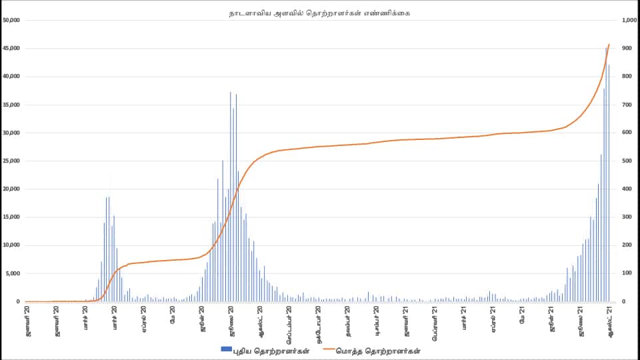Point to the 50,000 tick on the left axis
click(12, 20)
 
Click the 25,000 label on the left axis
click(12, 161)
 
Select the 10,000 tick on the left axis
click(12, 245)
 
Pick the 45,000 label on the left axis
click(12, 49)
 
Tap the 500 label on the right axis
click(626, 161)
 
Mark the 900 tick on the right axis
click(626, 49)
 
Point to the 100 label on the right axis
click(626, 273)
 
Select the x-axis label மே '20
click(173, 315)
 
